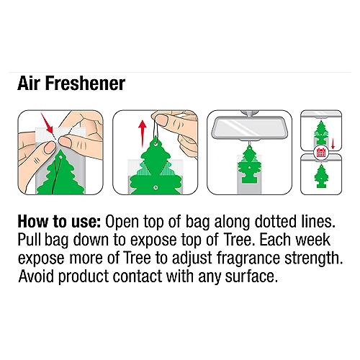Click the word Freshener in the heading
[x=85, y=84]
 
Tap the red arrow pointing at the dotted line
[x=47, y=123]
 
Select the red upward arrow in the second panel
[x=143, y=133]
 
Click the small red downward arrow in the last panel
[x=333, y=143]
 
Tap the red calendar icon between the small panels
[x=321, y=152]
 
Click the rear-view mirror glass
[x=250, y=127]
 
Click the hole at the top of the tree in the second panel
[x=156, y=144]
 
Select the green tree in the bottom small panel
[x=320, y=176]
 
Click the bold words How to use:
[x=59, y=222]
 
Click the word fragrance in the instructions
[x=248, y=258]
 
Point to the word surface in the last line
[x=251, y=276]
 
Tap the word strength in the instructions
[x=313, y=258]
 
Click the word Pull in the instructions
[x=30, y=240]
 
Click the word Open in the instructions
[x=122, y=222]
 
